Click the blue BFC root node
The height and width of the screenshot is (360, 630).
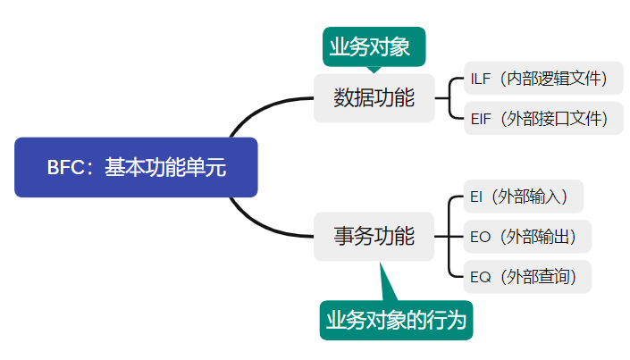[x=136, y=167]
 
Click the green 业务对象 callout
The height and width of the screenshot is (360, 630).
[x=374, y=47]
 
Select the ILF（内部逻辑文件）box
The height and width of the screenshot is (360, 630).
[x=543, y=79]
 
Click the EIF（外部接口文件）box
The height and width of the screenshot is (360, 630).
[x=543, y=118]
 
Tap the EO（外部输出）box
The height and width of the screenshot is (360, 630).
[x=527, y=237]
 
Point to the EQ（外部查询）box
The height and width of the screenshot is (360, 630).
[x=527, y=277]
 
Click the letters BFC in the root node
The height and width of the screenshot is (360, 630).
[x=64, y=168]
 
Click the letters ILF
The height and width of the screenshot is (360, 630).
[x=480, y=79]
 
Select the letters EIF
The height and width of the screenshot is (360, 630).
[x=480, y=118]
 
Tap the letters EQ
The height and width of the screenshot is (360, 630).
[x=481, y=277]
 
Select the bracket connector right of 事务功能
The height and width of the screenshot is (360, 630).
[x=449, y=237]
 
